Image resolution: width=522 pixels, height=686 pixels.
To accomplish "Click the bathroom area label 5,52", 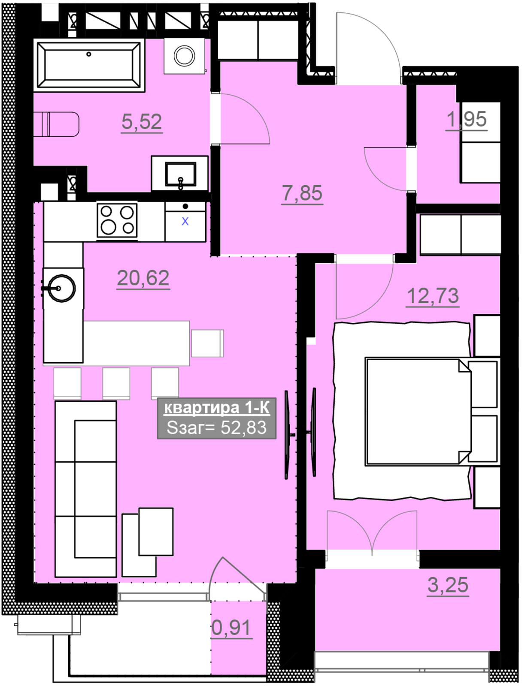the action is click(x=142, y=122).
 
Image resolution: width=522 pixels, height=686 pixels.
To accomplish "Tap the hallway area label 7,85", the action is click(x=302, y=193).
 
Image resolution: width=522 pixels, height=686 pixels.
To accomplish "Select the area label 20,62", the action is click(x=143, y=278).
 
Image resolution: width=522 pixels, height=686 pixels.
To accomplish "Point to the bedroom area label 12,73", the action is click(x=433, y=296).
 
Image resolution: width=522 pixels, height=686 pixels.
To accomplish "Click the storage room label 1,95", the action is click(x=467, y=119).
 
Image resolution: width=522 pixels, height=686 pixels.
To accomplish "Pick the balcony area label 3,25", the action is click(x=448, y=585).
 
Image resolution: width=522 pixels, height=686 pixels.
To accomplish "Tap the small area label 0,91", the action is click(x=232, y=628).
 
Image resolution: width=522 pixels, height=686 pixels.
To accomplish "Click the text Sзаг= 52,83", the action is click(x=216, y=428).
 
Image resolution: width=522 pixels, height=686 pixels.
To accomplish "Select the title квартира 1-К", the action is click(x=217, y=408).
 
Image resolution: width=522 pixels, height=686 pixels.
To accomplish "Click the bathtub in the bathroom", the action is click(x=89, y=65).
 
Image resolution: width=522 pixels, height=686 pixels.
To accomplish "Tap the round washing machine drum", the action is click(x=185, y=56).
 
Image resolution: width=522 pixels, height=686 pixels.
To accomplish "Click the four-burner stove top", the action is click(x=117, y=220).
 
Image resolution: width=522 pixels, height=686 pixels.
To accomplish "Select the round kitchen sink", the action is click(x=62, y=289).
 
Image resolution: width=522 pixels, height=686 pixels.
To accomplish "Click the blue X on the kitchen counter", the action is click(x=185, y=222).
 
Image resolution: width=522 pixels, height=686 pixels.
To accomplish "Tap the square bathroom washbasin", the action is click(x=180, y=174).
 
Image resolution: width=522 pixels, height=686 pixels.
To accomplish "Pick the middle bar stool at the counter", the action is click(x=116, y=383).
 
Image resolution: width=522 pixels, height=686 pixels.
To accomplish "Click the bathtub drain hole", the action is click(x=89, y=54).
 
